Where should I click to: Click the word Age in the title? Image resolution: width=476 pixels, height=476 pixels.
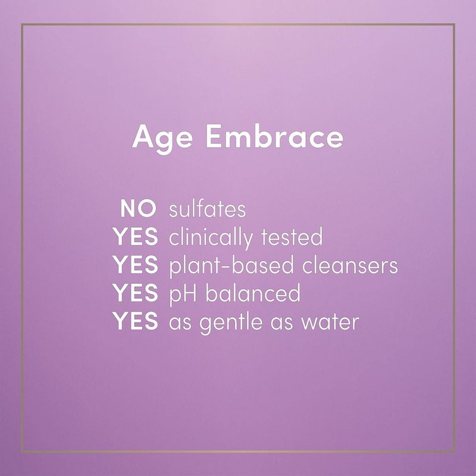[x=162, y=139]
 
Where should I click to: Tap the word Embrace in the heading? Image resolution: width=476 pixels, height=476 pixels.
[x=275, y=137]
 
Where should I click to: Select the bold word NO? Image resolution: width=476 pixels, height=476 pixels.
[x=139, y=209]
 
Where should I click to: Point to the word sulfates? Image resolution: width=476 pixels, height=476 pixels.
[x=207, y=209]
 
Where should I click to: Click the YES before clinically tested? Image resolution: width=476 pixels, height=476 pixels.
[x=136, y=237]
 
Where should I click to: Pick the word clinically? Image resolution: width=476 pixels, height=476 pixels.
[x=211, y=239]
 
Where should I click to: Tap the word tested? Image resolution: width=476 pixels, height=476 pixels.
[x=292, y=237]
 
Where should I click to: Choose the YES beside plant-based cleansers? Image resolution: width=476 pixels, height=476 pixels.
[x=136, y=265]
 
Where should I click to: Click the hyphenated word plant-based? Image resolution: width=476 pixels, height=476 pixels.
[x=231, y=266]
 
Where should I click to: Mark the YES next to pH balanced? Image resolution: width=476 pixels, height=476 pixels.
[x=136, y=293]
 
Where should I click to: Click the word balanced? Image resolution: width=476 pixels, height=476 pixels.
[x=253, y=293]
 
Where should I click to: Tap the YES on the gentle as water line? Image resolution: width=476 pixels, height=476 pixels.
[x=136, y=321]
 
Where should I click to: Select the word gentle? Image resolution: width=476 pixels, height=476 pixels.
[x=231, y=322]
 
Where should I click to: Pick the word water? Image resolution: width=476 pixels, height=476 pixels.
[x=330, y=322]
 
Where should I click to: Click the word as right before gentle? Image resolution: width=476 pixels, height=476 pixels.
[x=180, y=324]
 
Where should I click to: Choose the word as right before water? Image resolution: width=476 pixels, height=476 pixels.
[x=282, y=324]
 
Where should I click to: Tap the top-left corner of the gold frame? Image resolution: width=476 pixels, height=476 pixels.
[x=22, y=24]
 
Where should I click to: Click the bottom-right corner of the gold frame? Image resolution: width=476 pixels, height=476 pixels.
[x=454, y=452]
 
